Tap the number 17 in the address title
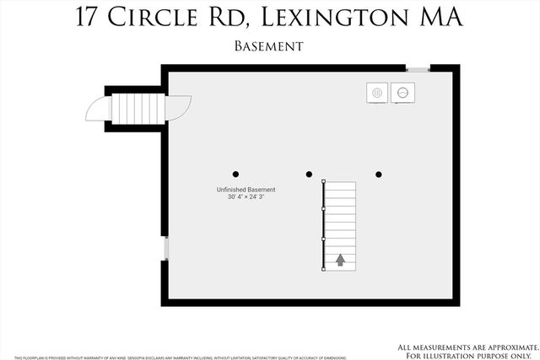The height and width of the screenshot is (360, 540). click(x=88, y=18)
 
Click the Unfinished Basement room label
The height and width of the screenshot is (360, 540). click(x=246, y=190)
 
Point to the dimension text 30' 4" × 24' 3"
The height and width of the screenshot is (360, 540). click(x=246, y=198)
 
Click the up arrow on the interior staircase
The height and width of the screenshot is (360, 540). click(x=340, y=260)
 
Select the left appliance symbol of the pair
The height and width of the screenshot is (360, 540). click(x=377, y=92)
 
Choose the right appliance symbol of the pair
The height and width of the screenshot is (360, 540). click(x=402, y=92)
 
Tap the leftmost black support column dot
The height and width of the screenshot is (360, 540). click(x=236, y=175)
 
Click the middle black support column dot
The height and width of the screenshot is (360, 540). click(x=310, y=175)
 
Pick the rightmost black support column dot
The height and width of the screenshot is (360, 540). click(x=379, y=175)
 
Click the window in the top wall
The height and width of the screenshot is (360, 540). click(x=418, y=68)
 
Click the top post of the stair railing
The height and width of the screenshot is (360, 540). click(x=324, y=180)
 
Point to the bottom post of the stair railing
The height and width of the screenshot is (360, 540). click(x=324, y=270)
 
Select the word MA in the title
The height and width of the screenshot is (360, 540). click(x=440, y=18)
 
